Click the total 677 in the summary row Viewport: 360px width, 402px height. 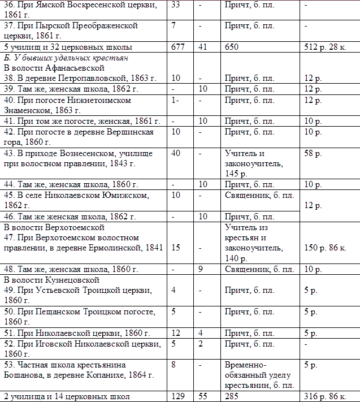tap(179, 47)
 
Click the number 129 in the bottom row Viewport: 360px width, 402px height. tap(178, 396)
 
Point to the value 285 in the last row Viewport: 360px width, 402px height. tap(232, 396)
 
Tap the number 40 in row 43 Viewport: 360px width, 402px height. tap(176, 153)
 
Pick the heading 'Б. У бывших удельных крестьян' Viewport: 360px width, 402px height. tap(66, 58)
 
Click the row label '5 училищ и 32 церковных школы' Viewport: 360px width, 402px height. tap(68, 47)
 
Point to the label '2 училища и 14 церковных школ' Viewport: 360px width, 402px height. tap(67, 396)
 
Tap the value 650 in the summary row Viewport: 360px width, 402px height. tap(232, 47)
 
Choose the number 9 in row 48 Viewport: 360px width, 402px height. tap(201, 269)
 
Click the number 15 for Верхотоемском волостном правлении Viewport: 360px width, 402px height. tap(176, 248)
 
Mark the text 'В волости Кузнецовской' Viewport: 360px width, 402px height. tap(51, 280)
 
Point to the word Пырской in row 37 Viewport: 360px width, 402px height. tap(52, 25)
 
